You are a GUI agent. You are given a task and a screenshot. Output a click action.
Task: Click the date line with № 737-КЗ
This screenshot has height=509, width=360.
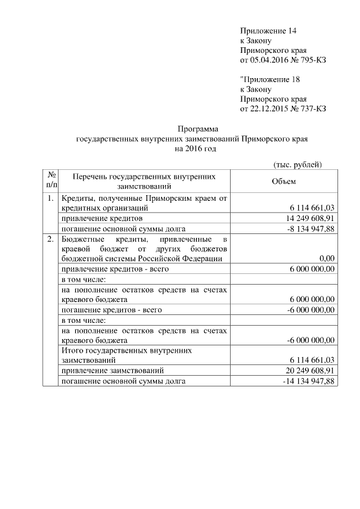tap(283, 109)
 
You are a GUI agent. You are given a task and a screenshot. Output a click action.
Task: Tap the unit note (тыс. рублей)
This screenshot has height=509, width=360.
tap(297, 164)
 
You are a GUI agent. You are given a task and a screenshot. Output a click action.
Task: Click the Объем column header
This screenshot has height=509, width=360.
tap(283, 181)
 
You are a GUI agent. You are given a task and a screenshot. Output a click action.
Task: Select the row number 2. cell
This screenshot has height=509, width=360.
tap(51, 238)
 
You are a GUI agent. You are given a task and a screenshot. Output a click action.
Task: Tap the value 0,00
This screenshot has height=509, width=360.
tap(327, 259)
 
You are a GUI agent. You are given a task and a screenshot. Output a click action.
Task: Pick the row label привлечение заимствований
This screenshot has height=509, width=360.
tap(112, 371)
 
